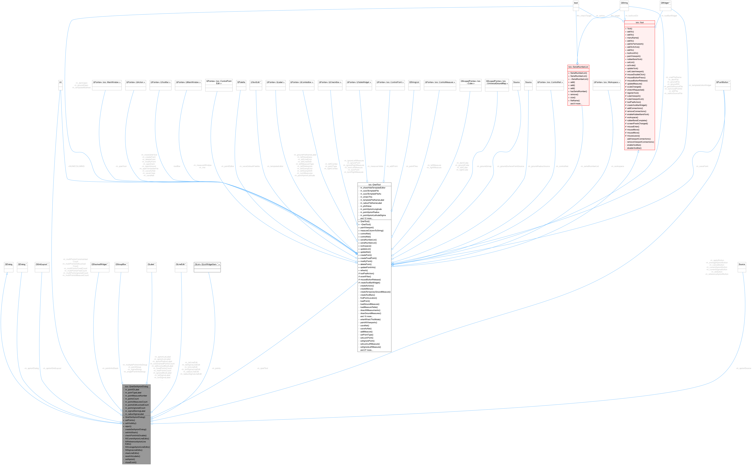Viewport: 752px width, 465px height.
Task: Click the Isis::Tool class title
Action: click(639, 23)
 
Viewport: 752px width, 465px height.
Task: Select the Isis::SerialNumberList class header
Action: click(578, 67)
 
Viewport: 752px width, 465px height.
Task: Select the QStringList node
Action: click(414, 82)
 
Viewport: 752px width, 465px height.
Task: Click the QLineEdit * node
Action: click(181, 264)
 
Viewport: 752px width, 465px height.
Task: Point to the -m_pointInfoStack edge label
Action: click(110, 368)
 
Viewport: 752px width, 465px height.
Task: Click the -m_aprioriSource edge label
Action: click(743, 368)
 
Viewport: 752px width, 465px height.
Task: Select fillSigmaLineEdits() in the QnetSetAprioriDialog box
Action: click(134, 450)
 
